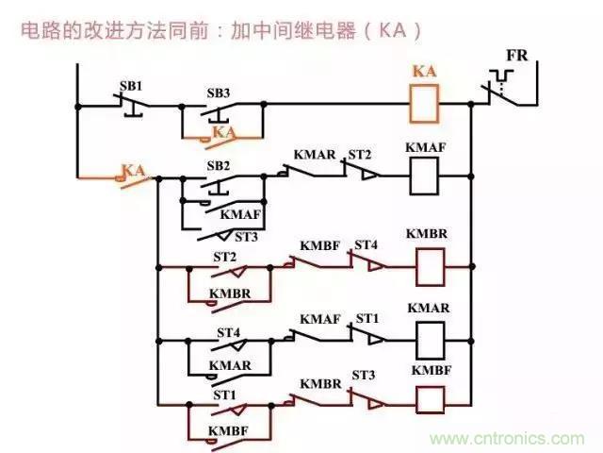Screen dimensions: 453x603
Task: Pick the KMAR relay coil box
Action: (430, 336)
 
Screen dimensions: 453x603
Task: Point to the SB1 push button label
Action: (130, 85)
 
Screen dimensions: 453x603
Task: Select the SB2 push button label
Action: (218, 165)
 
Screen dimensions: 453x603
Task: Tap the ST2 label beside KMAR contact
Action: (359, 153)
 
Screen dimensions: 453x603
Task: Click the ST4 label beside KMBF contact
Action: (365, 245)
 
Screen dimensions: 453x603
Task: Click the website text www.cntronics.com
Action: (508, 439)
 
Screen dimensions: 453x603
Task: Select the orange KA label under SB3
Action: (223, 132)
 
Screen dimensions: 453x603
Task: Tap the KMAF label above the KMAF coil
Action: (426, 147)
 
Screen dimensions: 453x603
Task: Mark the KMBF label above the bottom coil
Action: (430, 370)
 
